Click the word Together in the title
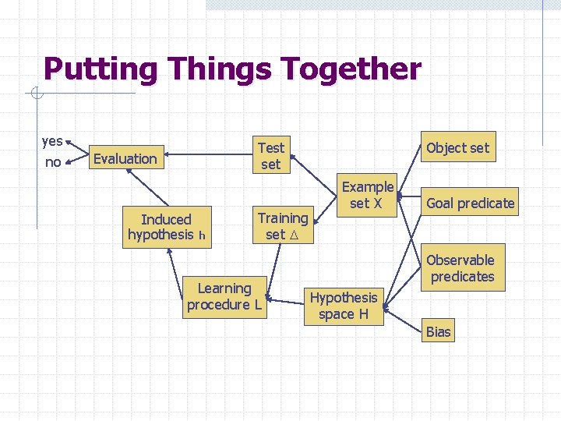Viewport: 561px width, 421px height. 351,69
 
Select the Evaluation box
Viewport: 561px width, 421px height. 125,159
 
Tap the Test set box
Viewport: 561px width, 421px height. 270,156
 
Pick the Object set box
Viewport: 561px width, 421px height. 457,148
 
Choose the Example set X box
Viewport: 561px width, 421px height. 367,195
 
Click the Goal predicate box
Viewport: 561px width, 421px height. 470,203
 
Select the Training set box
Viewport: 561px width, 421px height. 282,226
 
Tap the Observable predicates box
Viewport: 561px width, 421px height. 461,268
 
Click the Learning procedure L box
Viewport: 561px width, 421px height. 224,297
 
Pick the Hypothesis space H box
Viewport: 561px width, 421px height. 343,306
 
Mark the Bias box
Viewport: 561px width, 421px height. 438,332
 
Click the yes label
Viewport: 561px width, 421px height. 52,141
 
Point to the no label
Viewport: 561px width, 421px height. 53,162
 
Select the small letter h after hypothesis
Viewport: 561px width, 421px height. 201,235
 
